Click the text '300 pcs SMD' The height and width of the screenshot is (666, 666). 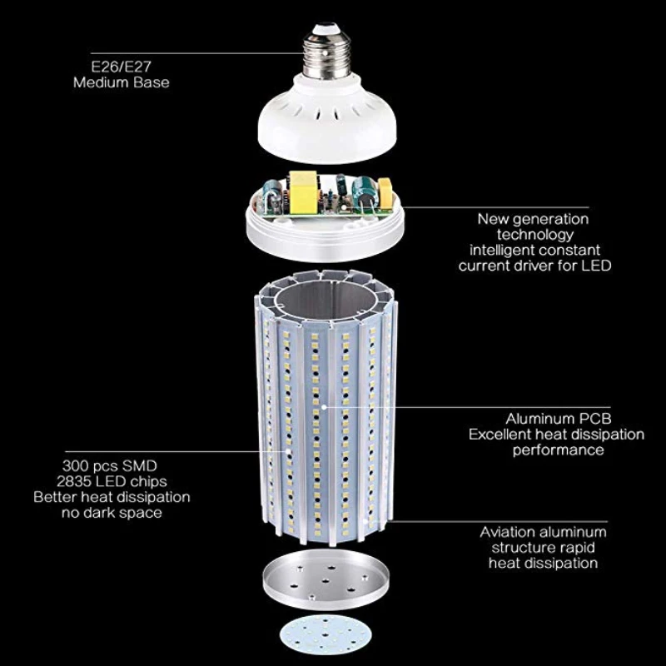pyautogui.click(x=109, y=465)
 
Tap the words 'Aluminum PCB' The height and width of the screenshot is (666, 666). pyautogui.click(x=552, y=419)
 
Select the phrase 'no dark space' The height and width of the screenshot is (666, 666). pyautogui.click(x=111, y=513)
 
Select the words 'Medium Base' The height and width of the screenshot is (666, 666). pyautogui.click(x=121, y=82)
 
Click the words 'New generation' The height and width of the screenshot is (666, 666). pyautogui.click(x=533, y=219)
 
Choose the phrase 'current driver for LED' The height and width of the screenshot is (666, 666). pyautogui.click(x=534, y=266)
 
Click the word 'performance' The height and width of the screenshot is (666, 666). pyautogui.click(x=558, y=450)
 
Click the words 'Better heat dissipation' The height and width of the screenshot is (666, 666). pyautogui.click(x=112, y=497)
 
